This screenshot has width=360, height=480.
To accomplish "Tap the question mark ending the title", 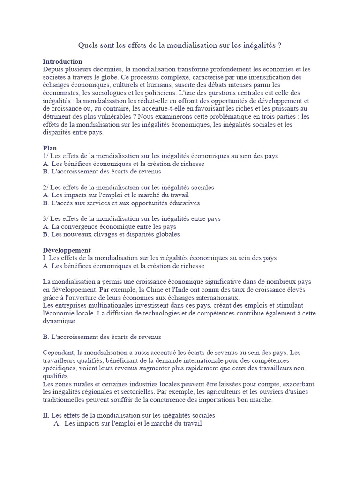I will [x=280, y=45].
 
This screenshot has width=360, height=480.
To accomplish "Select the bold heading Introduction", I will [x=62, y=61].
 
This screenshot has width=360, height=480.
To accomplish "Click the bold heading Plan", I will [x=50, y=148].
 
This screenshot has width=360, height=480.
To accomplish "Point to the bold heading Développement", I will [x=67, y=250].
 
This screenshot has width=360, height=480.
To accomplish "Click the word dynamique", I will [x=59, y=321].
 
